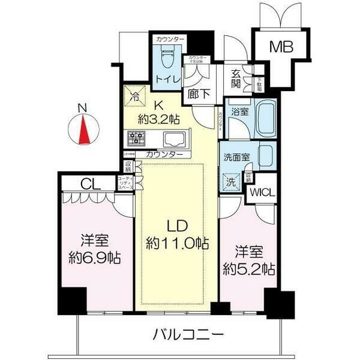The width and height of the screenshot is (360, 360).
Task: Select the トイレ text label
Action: coord(166,79)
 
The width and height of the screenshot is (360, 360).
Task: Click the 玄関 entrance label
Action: coord(237,79)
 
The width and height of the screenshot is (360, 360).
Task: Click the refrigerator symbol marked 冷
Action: coord(135,95)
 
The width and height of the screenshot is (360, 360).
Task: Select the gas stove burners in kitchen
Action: coord(136,139)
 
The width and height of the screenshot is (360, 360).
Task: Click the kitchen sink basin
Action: coord(174,139)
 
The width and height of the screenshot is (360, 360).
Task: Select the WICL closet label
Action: coord(262,193)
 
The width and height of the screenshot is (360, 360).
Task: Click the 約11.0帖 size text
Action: coord(178,244)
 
